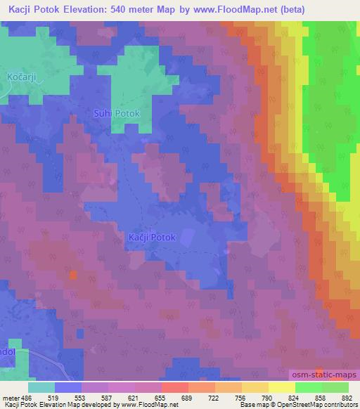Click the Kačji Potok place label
pos(153,239)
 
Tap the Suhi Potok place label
pos(117,112)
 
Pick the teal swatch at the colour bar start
pos(41,387)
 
